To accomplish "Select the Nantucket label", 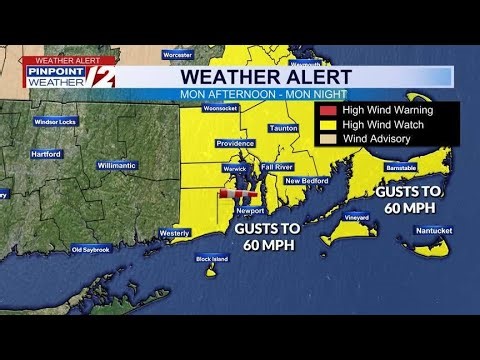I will pos(432,230).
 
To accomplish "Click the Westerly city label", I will pos(174,233).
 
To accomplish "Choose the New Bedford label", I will pos(307,180).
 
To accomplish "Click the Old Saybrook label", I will pos(91,249).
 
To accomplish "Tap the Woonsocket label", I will pos(218,107).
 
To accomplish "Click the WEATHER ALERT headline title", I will pos(265,76).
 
